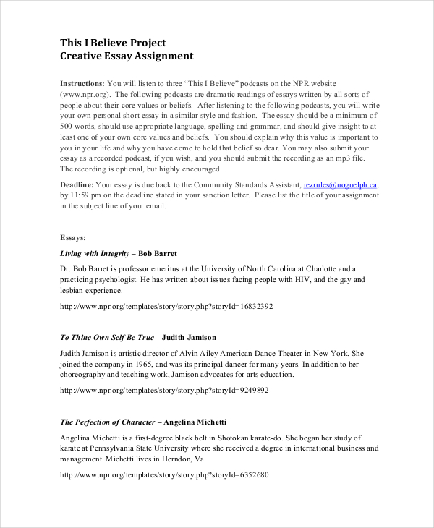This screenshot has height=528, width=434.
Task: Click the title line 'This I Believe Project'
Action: pos(113,43)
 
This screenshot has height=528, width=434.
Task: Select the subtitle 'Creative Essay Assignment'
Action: pos(127,56)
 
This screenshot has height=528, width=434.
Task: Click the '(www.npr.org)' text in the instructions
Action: pos(85,94)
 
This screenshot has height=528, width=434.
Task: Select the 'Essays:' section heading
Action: pos(73,237)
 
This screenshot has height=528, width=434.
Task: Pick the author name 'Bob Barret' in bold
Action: pos(157,254)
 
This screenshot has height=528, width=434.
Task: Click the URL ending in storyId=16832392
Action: pos(166,307)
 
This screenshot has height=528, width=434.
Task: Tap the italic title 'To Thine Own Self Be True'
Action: pos(107,338)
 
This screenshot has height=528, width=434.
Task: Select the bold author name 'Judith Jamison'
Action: pos(190,338)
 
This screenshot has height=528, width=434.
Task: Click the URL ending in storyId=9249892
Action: pos(163,391)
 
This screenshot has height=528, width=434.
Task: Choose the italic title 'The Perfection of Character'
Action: pos(108,422)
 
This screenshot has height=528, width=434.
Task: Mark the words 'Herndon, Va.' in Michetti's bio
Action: pos(184,459)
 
